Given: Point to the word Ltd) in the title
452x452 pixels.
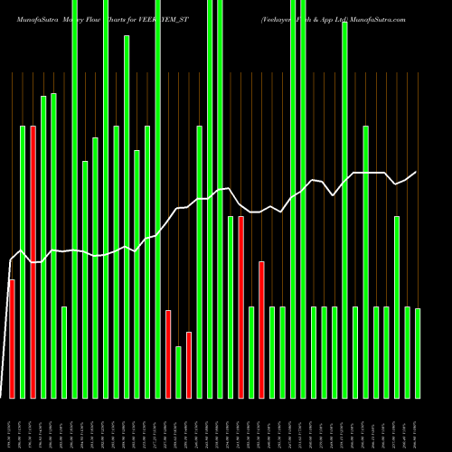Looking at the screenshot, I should [336, 18].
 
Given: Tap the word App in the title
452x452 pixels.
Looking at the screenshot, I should [318, 18].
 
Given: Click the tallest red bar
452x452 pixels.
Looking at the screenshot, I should [33, 261].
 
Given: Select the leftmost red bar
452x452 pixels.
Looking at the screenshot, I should [12, 338].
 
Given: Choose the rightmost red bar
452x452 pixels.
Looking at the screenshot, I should [261, 329].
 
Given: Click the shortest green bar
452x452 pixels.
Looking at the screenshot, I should [178, 372].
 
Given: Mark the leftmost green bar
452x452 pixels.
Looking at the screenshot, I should [23, 261].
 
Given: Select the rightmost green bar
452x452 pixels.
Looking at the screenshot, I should [418, 353].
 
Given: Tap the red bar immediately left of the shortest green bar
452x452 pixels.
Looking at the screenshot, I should [168, 353].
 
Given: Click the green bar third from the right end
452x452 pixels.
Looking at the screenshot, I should [397, 306].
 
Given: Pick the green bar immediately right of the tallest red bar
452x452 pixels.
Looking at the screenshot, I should [43, 246].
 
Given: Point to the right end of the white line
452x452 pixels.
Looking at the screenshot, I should [417, 172].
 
